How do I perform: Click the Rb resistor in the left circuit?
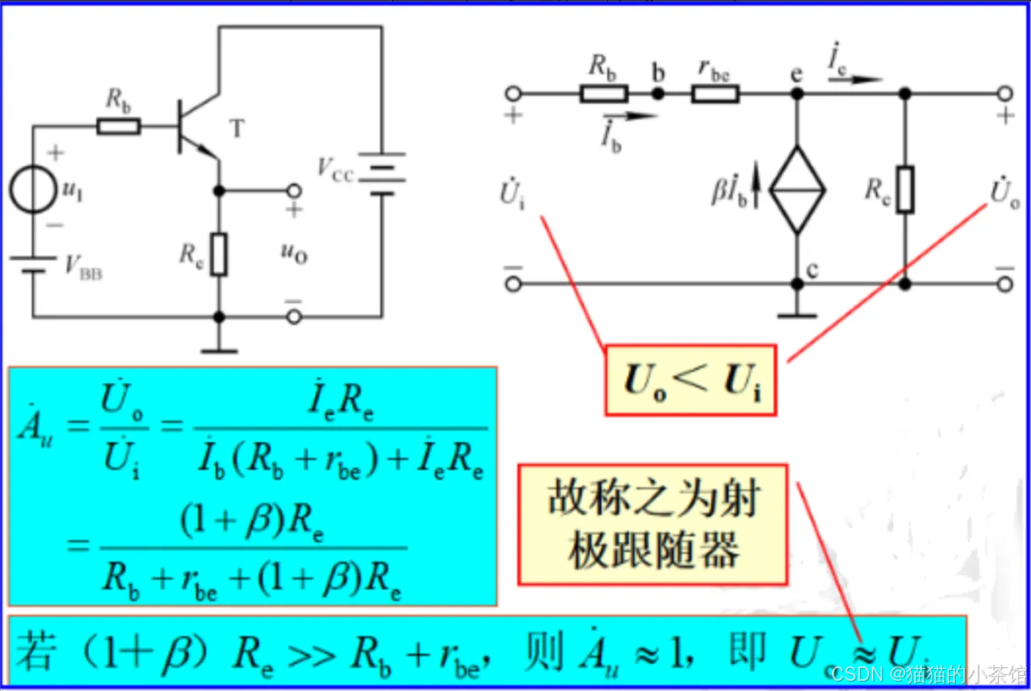tap(119, 127)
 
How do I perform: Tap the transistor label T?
tap(237, 129)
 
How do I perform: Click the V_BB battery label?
tap(84, 266)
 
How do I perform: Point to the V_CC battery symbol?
tap(381, 173)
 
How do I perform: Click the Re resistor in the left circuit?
tap(219, 254)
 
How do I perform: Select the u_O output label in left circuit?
tap(293, 253)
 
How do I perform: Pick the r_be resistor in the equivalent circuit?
tap(715, 93)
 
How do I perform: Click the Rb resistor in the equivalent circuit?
tap(604, 93)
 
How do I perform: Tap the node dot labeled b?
tap(658, 93)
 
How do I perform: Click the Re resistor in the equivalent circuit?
tap(905, 190)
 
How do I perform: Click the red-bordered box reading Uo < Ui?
tap(690, 380)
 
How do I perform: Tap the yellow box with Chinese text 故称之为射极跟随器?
tap(653, 524)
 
